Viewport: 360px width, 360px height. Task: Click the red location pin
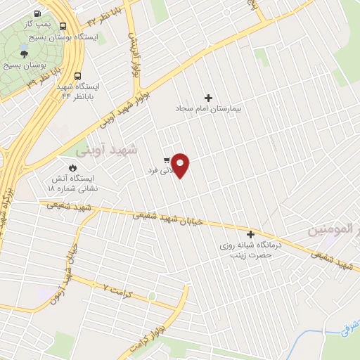pos(181,164)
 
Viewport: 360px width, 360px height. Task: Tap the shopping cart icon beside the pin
pos(166,160)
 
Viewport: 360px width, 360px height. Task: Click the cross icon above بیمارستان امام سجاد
pos(207,98)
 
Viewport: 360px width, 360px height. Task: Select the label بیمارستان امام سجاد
pos(207,110)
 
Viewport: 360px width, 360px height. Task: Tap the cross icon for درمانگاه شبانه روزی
pos(250,234)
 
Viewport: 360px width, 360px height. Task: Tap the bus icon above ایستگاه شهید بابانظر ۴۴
pos(77,76)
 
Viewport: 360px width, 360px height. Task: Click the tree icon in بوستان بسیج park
pos(24,53)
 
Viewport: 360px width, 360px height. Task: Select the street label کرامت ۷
pos(115,288)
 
